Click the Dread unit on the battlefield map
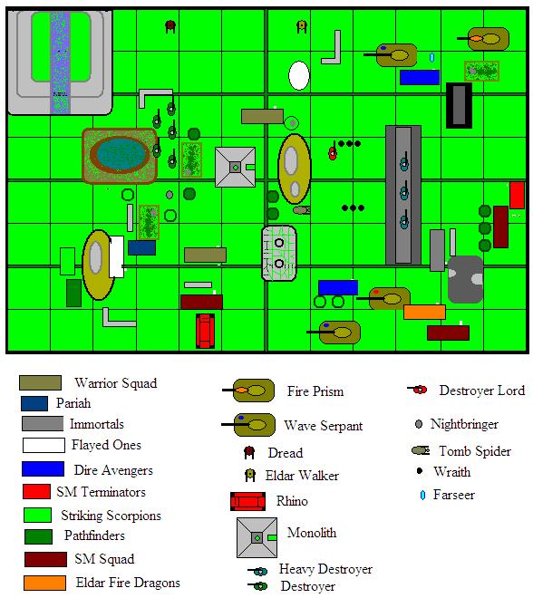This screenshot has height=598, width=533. (170, 26)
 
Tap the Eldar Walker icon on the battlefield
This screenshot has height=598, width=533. (302, 26)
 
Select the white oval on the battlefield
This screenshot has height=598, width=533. (299, 75)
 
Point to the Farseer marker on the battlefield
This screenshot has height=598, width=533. (431, 57)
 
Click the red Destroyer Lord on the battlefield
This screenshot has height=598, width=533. (333, 152)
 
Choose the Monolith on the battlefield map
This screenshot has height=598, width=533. (235, 167)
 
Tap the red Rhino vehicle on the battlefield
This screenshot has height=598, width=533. (205, 331)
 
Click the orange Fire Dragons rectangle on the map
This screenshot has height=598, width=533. (424, 312)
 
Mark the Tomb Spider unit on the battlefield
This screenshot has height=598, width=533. (302, 210)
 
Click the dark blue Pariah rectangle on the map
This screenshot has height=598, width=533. (141, 247)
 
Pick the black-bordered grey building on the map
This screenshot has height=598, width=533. (459, 105)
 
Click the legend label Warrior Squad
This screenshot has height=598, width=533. (116, 383)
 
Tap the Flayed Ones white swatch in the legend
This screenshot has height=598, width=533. (44, 445)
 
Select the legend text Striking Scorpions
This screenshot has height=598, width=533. (111, 516)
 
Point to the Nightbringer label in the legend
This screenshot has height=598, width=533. (464, 424)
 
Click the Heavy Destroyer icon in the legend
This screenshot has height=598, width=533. (257, 571)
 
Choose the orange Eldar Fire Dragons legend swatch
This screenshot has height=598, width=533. (44, 583)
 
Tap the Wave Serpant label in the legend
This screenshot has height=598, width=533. (324, 426)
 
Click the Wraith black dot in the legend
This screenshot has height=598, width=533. (420, 470)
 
